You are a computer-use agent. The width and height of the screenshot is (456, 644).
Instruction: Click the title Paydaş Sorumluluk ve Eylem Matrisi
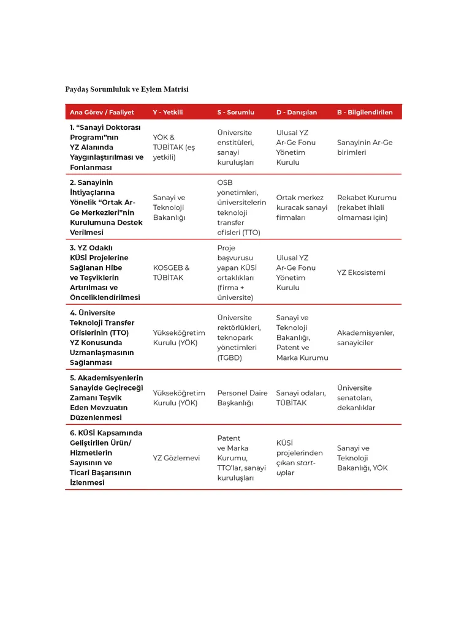(127, 89)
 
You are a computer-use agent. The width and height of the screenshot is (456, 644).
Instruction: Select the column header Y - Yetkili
(168, 113)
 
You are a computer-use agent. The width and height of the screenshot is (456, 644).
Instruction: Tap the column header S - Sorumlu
(235, 113)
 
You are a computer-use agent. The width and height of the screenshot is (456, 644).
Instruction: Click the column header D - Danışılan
(297, 113)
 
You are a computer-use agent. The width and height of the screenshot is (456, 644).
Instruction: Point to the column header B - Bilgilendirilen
(365, 113)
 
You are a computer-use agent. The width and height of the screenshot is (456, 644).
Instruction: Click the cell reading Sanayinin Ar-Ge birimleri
(365, 148)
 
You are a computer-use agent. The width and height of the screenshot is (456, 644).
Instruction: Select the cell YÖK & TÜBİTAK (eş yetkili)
(174, 148)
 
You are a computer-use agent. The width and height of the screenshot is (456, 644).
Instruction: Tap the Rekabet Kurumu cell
(367, 208)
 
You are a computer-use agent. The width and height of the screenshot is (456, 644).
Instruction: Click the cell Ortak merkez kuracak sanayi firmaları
(302, 208)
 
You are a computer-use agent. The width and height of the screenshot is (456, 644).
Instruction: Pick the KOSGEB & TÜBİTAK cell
(171, 272)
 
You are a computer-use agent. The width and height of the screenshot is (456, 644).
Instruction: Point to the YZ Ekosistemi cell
(361, 272)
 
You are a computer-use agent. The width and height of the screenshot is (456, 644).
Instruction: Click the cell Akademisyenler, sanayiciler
(365, 338)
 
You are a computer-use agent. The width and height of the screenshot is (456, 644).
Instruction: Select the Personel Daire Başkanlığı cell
(242, 398)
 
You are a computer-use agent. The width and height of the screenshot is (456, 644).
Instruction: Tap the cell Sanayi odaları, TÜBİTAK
(300, 398)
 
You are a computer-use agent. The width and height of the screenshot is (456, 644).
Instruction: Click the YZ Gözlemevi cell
(177, 458)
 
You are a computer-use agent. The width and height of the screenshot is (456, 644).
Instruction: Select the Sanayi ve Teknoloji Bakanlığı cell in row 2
(169, 208)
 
